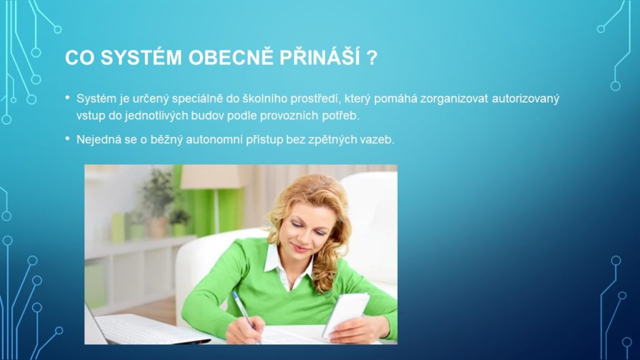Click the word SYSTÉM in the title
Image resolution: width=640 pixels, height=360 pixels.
[x=141, y=57]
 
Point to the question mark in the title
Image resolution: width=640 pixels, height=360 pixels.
[x=372, y=57]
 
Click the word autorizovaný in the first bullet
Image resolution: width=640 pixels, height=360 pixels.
[x=525, y=99]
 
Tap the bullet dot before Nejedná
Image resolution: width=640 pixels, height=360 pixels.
[x=67, y=139]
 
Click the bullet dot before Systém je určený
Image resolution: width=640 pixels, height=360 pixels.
[x=67, y=98]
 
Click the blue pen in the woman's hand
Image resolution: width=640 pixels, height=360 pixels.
[x=244, y=314]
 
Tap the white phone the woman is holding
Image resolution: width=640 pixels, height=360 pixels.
[x=346, y=314]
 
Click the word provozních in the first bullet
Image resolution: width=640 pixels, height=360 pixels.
[x=289, y=116]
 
